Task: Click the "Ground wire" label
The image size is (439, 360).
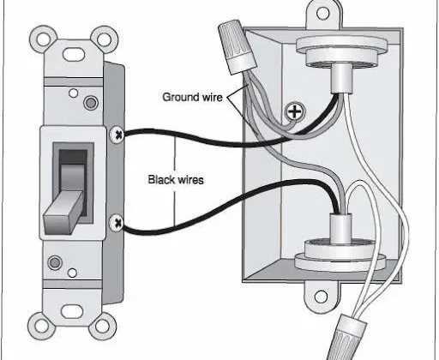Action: point(193,96)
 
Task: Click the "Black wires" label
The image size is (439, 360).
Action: point(176,180)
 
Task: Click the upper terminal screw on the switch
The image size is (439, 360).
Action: point(117,133)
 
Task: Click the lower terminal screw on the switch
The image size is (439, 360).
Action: point(117,225)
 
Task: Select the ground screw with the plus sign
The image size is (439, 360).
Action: point(296,111)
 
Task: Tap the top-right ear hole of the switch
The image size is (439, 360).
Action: point(105,39)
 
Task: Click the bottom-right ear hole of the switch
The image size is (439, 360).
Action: point(105,325)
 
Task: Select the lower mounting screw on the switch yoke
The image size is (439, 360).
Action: point(57,263)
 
